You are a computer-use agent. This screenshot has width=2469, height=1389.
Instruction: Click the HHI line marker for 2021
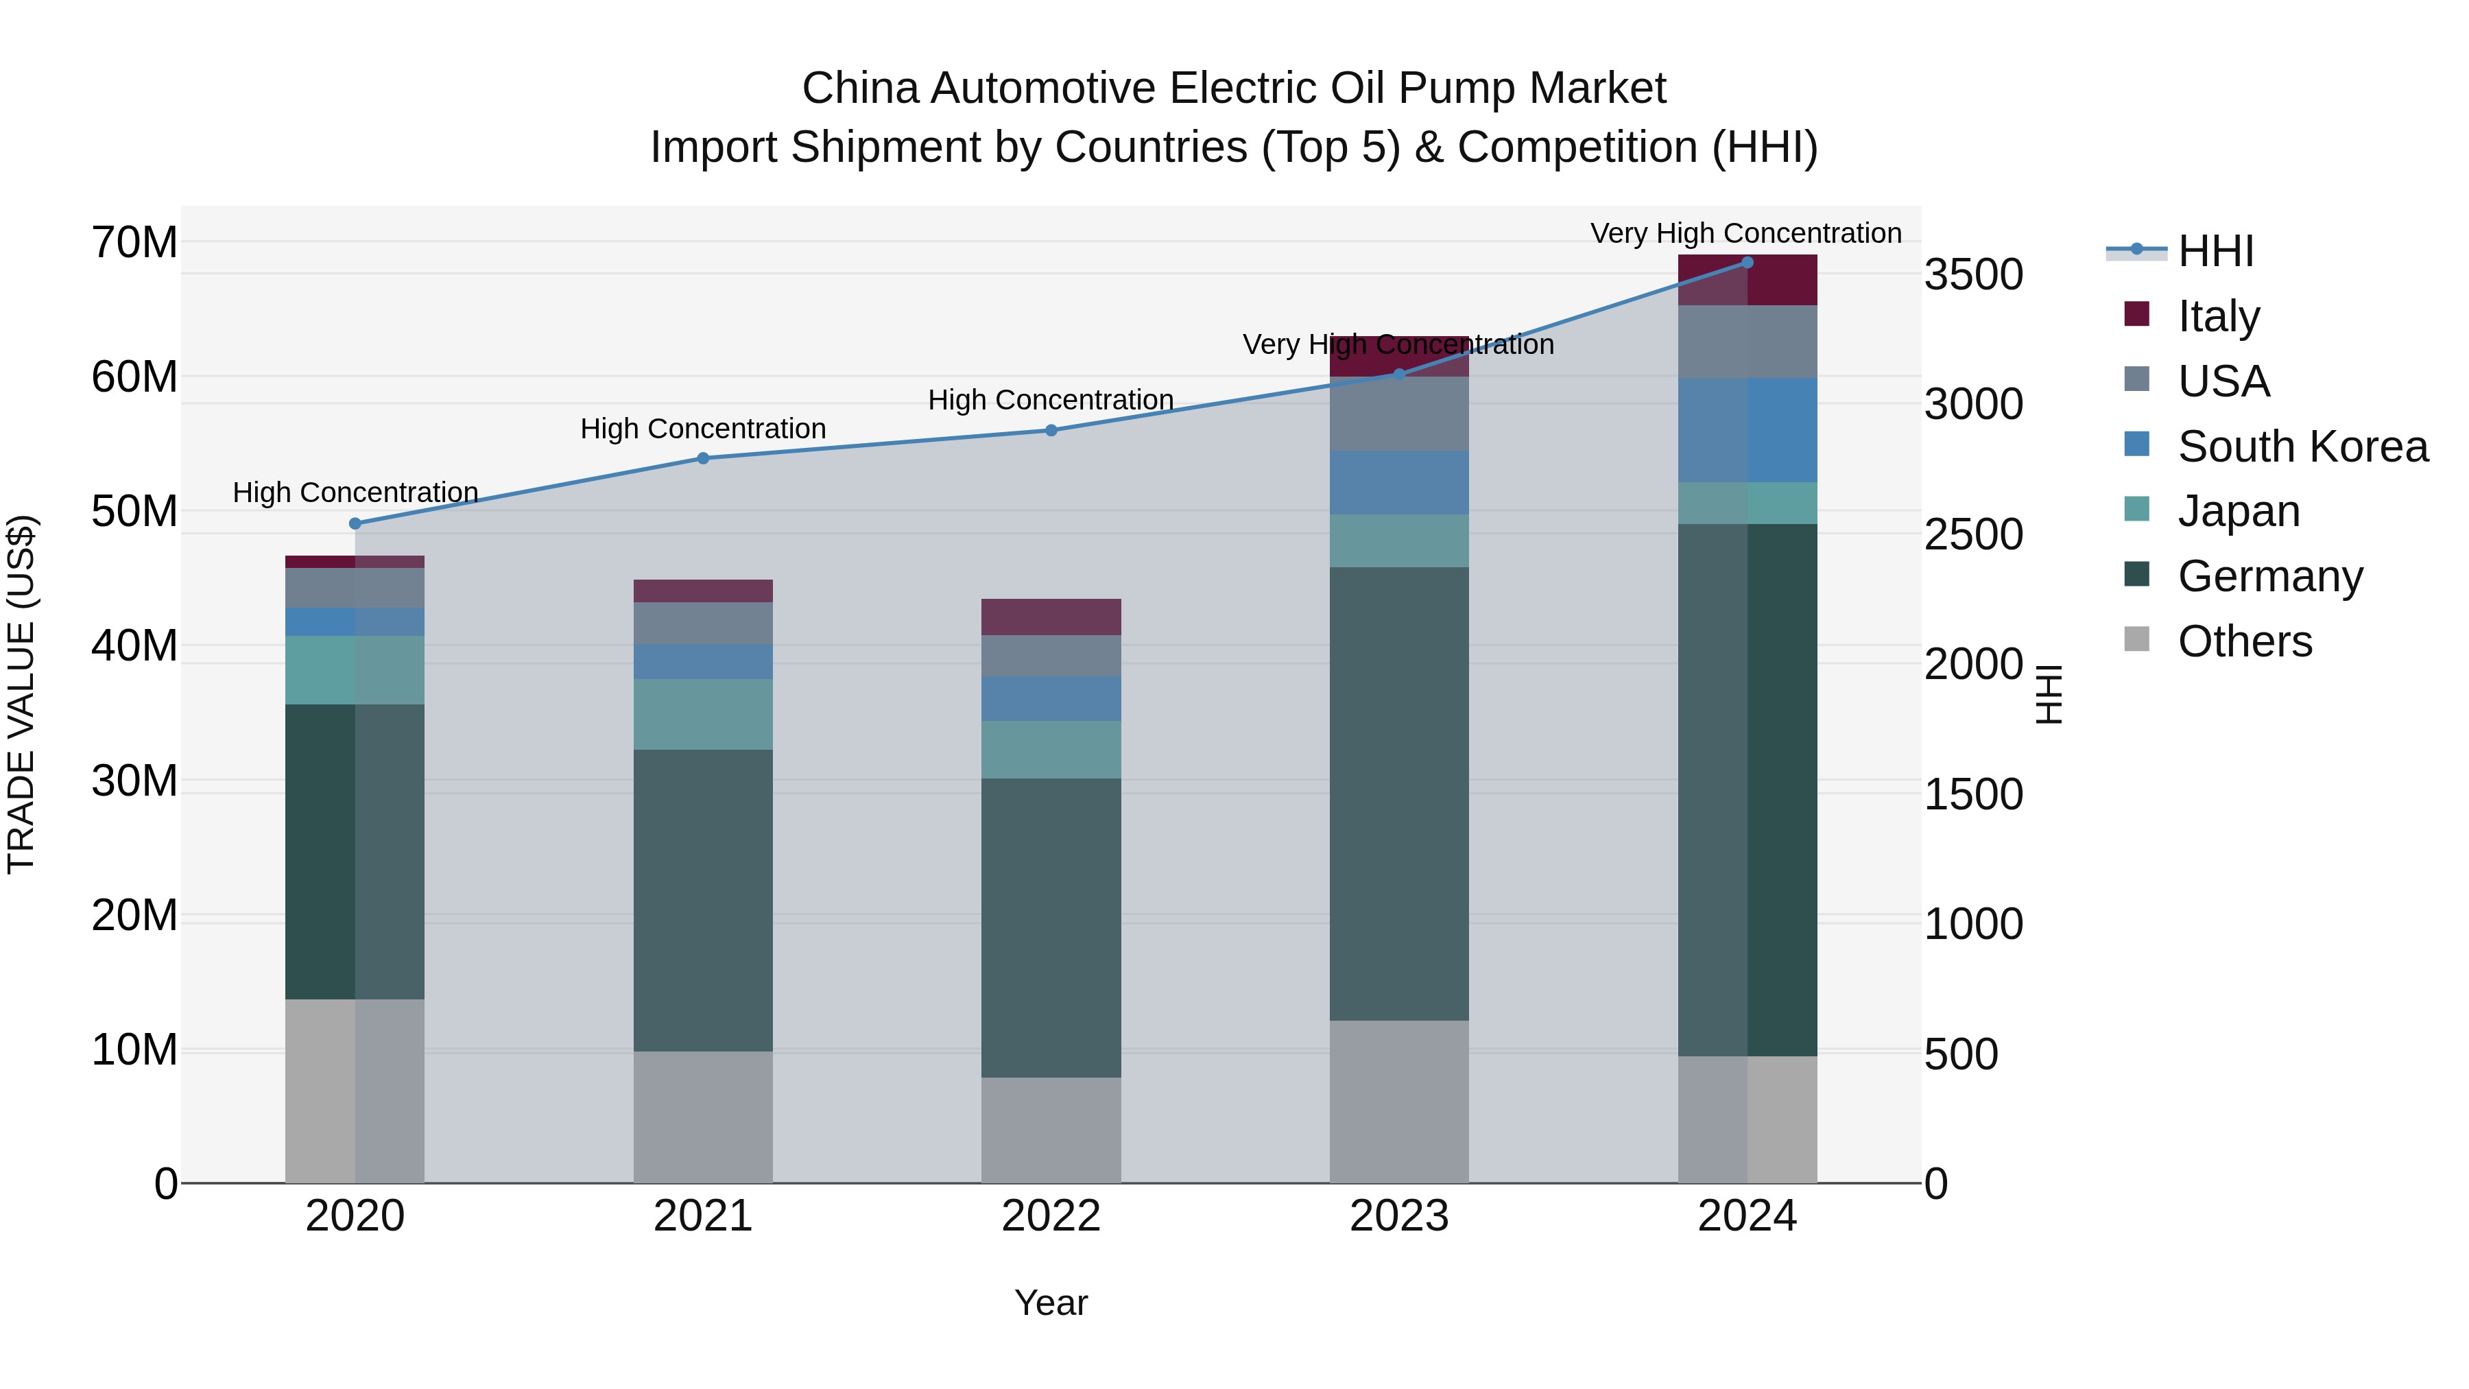[702, 458]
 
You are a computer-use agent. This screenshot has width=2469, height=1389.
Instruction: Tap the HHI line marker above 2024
[1746, 263]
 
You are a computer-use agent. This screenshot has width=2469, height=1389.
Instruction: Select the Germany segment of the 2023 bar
[1398, 794]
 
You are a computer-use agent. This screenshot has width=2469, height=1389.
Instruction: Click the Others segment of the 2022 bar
[1051, 1130]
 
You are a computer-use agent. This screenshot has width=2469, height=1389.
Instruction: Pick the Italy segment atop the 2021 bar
[702, 591]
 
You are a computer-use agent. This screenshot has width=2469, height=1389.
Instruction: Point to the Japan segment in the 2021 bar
[702, 714]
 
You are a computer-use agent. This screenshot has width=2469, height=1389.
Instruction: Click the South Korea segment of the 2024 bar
[1746, 429]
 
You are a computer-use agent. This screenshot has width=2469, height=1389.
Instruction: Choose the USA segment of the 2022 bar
[1051, 656]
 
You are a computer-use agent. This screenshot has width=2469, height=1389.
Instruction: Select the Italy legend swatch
[2136, 314]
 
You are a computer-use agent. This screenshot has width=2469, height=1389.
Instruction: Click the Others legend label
[2245, 641]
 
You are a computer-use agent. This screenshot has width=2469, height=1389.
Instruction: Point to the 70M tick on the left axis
[134, 243]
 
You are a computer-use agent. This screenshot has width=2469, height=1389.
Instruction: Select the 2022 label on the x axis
[1051, 1216]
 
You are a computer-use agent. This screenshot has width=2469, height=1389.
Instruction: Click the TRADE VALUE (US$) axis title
[21, 694]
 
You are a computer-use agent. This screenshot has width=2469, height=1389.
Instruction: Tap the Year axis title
[1051, 1303]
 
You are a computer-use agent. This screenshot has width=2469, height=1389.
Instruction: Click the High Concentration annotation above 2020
[355, 492]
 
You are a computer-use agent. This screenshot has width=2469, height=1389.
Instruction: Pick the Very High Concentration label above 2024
[1745, 233]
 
